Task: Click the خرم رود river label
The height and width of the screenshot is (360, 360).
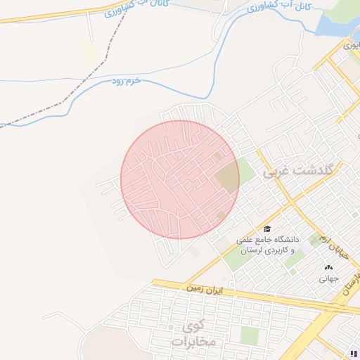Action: [127, 82]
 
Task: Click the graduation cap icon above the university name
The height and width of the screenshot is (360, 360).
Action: [267, 229]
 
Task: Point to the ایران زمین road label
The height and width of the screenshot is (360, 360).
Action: [204, 288]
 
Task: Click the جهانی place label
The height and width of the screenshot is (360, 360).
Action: [329, 278]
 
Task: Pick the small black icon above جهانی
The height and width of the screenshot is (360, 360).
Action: [329, 267]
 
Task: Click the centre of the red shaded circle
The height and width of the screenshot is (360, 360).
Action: [180, 179]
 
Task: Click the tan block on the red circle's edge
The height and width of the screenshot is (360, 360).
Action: [228, 177]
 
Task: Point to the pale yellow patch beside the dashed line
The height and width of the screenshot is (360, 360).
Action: [88, 51]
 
